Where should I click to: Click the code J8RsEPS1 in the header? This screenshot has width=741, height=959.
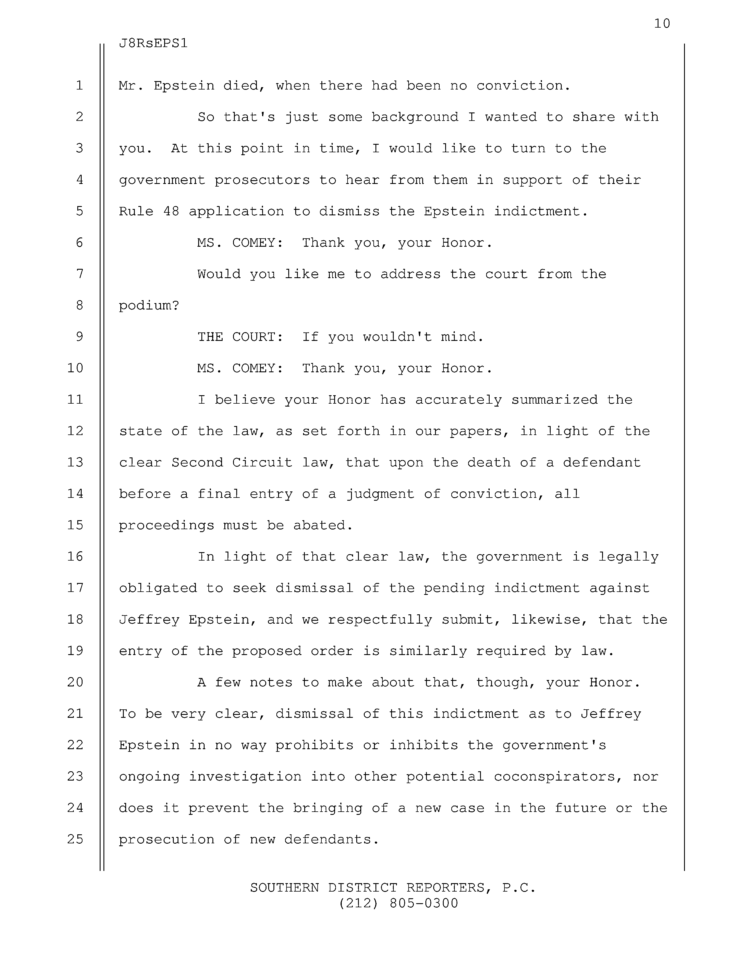coord(153,44)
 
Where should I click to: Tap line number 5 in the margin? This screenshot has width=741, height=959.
coord(79,211)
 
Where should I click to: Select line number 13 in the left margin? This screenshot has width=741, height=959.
coord(76,462)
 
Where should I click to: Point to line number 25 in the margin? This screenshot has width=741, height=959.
coord(76,839)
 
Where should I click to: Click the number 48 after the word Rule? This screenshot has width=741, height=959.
coord(171,212)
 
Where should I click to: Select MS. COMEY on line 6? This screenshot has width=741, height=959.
coord(240,243)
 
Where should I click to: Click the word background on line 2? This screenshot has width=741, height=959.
coord(415,117)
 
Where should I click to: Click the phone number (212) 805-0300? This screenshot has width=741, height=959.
coord(398,903)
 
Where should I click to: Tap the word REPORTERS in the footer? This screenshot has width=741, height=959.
coord(445,888)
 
